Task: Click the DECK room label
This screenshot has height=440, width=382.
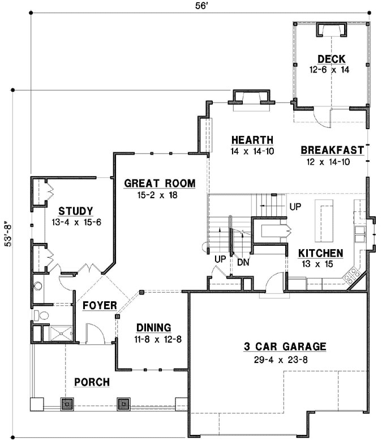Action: pos(331,59)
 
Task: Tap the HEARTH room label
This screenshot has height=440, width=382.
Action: pos(252,140)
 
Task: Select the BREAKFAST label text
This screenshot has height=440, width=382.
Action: pos(332,150)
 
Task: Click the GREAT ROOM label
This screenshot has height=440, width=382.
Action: pos(160,183)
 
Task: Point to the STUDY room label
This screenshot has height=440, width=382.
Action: pos(75,211)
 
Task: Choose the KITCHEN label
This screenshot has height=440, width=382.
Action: pos(320,253)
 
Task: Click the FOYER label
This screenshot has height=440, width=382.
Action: pos(99,306)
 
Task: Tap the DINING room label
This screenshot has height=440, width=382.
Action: pos(153,327)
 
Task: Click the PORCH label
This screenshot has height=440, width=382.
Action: pos(92,382)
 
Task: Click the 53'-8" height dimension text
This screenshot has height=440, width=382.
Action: pos(7,232)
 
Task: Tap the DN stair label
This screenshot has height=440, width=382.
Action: pos(244,262)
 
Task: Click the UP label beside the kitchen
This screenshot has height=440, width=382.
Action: pos(295,207)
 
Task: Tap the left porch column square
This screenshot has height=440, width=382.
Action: pos(67,404)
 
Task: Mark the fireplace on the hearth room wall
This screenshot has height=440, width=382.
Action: pos(248,97)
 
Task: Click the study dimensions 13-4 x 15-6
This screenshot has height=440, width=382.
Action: pos(76,223)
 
